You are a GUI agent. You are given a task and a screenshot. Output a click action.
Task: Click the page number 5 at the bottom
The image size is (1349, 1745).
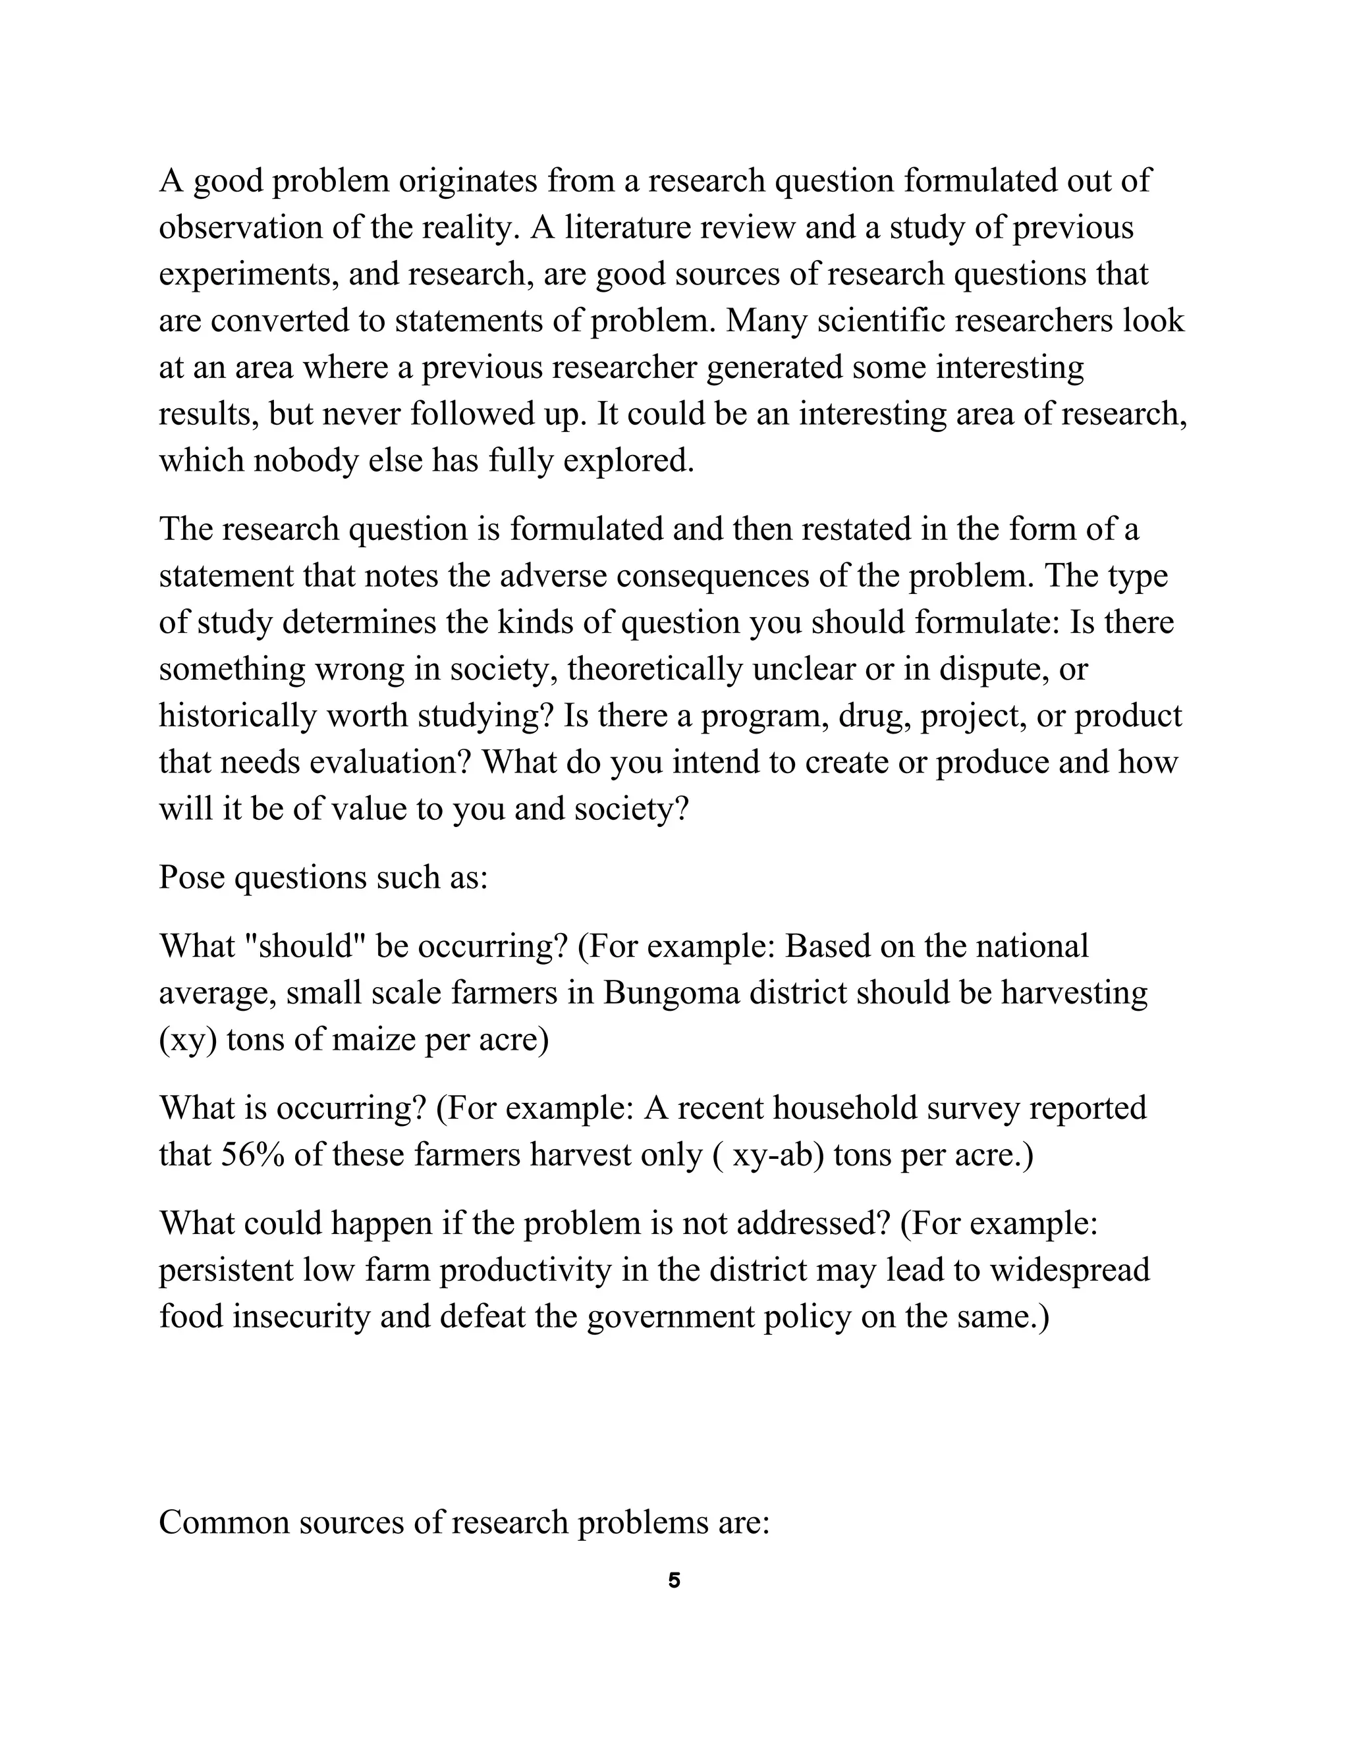pyautogui.click(x=674, y=1580)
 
